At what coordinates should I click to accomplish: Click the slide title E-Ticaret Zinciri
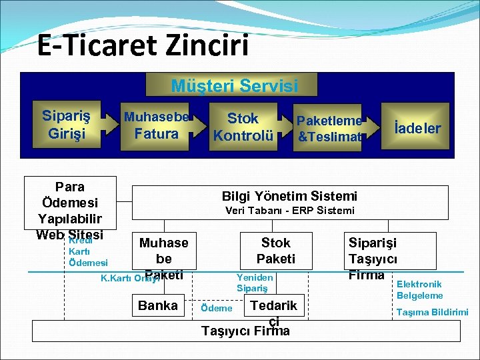143,45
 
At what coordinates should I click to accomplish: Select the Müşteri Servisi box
234,86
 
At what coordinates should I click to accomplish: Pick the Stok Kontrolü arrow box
243,127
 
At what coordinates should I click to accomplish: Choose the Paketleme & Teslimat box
329,129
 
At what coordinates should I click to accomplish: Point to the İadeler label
417,128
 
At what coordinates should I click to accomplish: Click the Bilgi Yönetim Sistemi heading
289,196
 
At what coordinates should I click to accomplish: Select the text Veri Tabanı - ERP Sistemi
290,211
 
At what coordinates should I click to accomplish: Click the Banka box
157,305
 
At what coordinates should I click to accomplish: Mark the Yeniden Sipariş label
255,282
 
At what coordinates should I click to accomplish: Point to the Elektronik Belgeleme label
419,289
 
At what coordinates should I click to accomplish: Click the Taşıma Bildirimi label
432,312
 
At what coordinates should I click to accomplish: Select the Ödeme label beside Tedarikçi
217,308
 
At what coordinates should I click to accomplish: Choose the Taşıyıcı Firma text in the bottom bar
245,331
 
